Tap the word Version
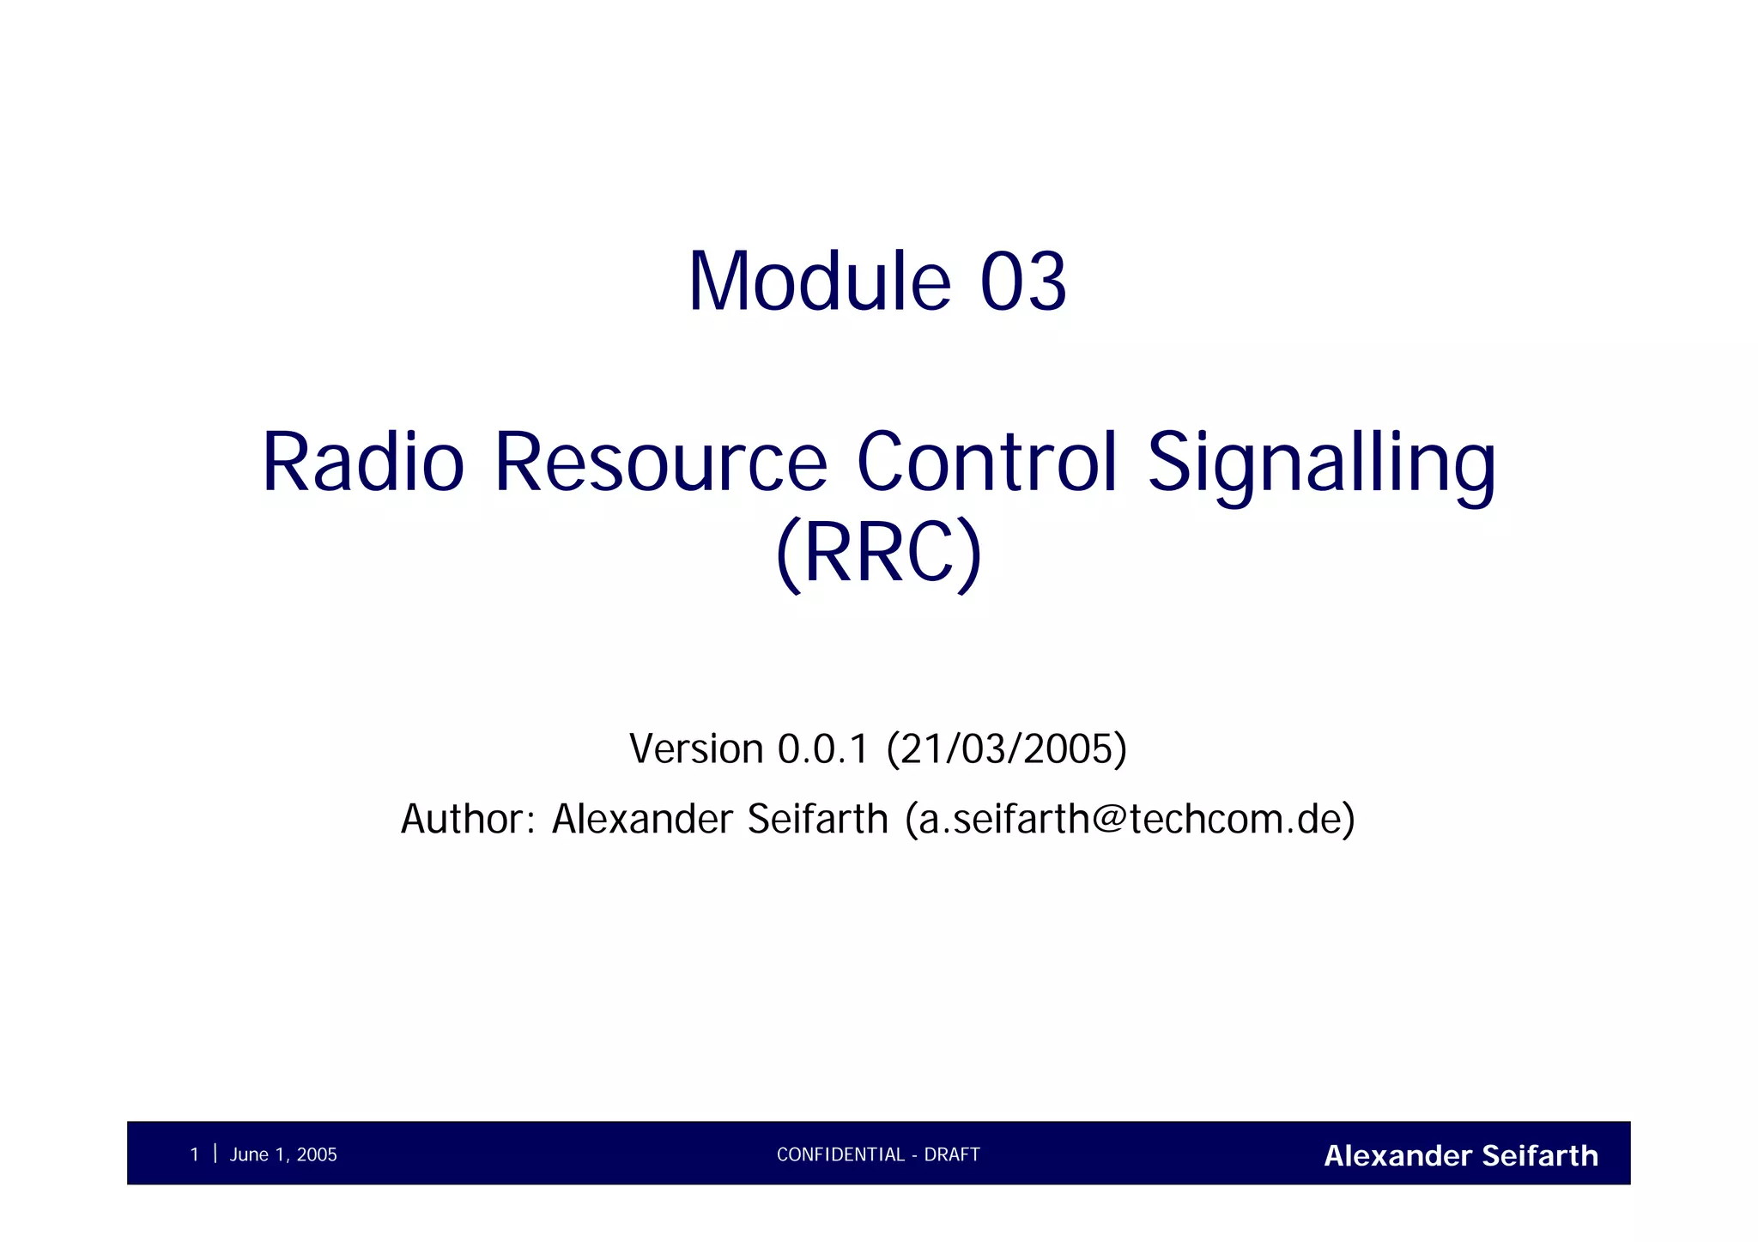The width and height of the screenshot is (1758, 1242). (x=696, y=748)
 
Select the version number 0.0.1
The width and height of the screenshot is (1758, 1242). (x=823, y=748)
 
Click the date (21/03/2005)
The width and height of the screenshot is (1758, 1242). (x=1006, y=748)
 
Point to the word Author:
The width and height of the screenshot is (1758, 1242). (x=469, y=819)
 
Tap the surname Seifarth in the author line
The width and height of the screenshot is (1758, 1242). (x=817, y=819)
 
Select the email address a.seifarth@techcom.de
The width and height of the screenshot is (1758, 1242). (x=1130, y=819)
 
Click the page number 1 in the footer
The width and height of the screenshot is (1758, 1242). (x=194, y=1154)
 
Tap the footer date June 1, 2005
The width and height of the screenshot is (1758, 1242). (x=283, y=1154)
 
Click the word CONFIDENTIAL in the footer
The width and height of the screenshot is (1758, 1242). (x=840, y=1154)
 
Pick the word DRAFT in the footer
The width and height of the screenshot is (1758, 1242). (x=952, y=1154)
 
